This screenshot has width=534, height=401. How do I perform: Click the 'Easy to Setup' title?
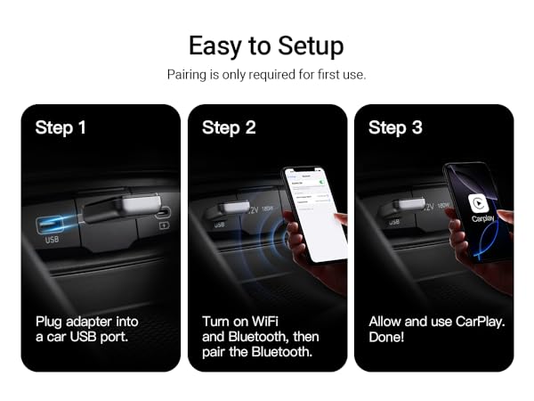[266, 45]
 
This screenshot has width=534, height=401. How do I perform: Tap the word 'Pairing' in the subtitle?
[188, 75]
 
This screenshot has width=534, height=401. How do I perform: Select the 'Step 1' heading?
[61, 127]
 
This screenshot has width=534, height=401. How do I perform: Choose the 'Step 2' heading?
[229, 127]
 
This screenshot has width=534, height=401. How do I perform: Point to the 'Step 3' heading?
[395, 127]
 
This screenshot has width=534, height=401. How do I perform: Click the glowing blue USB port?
[52, 223]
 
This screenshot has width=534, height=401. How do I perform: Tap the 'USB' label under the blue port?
[52, 241]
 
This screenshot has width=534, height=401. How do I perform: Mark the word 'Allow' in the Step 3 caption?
[386, 321]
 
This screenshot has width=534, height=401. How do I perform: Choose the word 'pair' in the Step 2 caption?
[216, 353]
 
